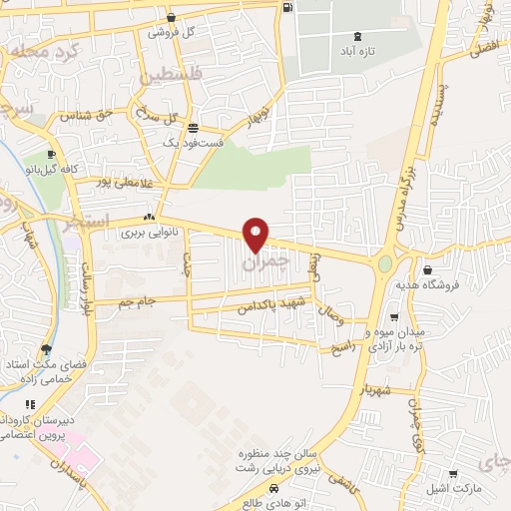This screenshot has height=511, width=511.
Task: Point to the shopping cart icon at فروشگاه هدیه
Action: (x=427, y=269)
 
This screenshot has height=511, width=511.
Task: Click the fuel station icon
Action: (x=288, y=7)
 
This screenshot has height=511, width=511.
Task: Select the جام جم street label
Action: (x=137, y=301)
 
